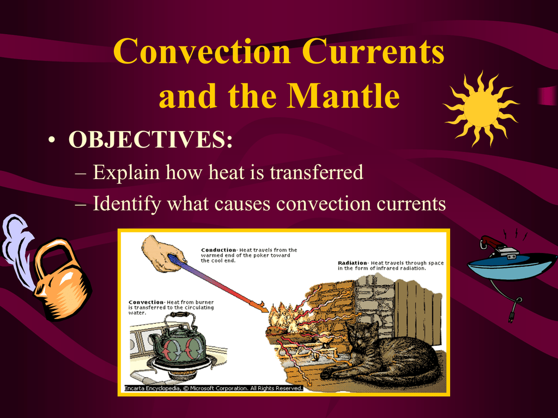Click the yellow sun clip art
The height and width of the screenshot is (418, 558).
click(481, 109)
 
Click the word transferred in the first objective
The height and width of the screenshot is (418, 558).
click(317, 173)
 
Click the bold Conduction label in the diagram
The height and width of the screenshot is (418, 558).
click(219, 250)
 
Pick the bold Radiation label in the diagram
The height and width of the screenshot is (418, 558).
click(353, 263)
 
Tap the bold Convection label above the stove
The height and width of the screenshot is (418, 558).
click(146, 302)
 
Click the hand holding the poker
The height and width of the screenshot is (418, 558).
click(163, 254)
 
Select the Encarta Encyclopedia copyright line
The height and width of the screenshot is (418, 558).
click(214, 388)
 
